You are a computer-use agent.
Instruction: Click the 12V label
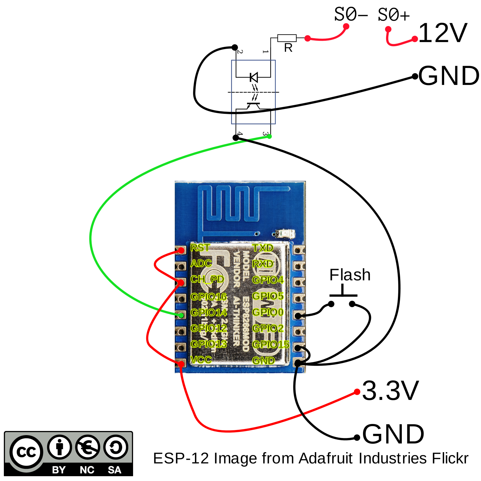(443, 33)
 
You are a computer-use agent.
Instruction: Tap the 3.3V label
(390, 391)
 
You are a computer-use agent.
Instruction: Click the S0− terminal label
(350, 15)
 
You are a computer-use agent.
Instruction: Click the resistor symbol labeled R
(287, 38)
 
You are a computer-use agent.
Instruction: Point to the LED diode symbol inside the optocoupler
(254, 77)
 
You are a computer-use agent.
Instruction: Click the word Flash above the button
(350, 275)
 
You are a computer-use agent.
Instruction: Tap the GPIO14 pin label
(208, 312)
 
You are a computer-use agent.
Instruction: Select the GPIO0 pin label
(268, 312)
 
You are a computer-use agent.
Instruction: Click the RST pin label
(200, 248)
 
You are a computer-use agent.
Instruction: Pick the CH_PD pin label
(207, 279)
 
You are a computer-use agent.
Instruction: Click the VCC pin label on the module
(201, 360)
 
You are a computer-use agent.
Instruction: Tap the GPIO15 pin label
(271, 344)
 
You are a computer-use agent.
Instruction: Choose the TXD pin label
(263, 248)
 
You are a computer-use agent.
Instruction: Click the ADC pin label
(201, 264)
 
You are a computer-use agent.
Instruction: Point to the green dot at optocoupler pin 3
(269, 137)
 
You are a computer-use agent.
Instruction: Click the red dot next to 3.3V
(357, 392)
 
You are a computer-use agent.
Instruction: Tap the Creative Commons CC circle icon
(26, 452)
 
